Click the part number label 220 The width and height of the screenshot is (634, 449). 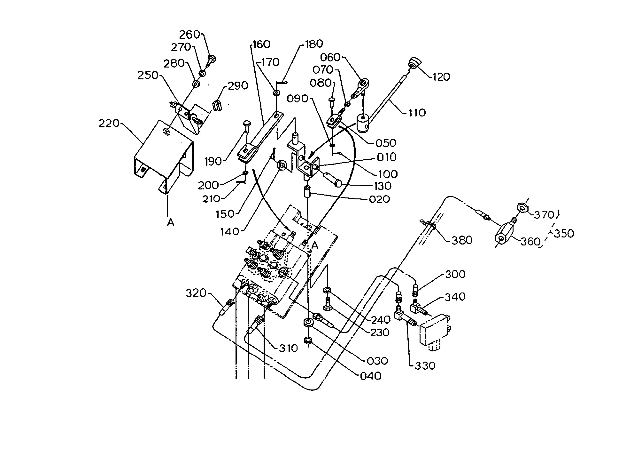point(109,123)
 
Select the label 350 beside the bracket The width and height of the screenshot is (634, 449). point(564,233)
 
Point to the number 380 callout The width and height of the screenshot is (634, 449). point(462,240)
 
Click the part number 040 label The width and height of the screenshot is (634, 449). point(371,376)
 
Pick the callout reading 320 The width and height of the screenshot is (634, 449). point(196,293)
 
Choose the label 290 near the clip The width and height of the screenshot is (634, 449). point(238,85)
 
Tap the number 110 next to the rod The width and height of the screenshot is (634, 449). point(417,113)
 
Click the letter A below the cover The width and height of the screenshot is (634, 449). point(171,222)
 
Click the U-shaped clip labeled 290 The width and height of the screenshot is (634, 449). point(217,105)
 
